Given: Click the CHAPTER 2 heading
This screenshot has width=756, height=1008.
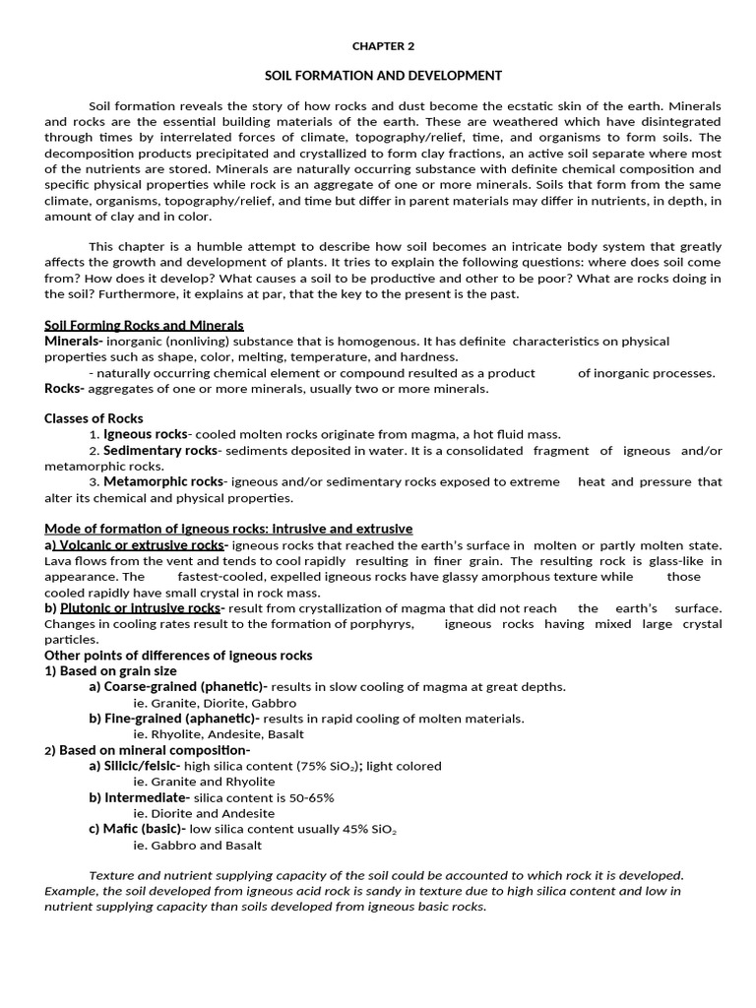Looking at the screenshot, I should (x=384, y=46).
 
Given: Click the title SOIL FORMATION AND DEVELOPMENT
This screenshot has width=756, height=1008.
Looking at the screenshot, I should (x=384, y=76).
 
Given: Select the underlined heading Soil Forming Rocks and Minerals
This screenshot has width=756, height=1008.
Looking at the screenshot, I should (x=144, y=325).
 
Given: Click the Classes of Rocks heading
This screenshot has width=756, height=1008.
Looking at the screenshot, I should (x=94, y=418).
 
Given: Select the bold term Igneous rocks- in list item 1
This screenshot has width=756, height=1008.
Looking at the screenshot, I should (x=147, y=434).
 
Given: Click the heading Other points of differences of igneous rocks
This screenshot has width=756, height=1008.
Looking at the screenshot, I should (x=178, y=655).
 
